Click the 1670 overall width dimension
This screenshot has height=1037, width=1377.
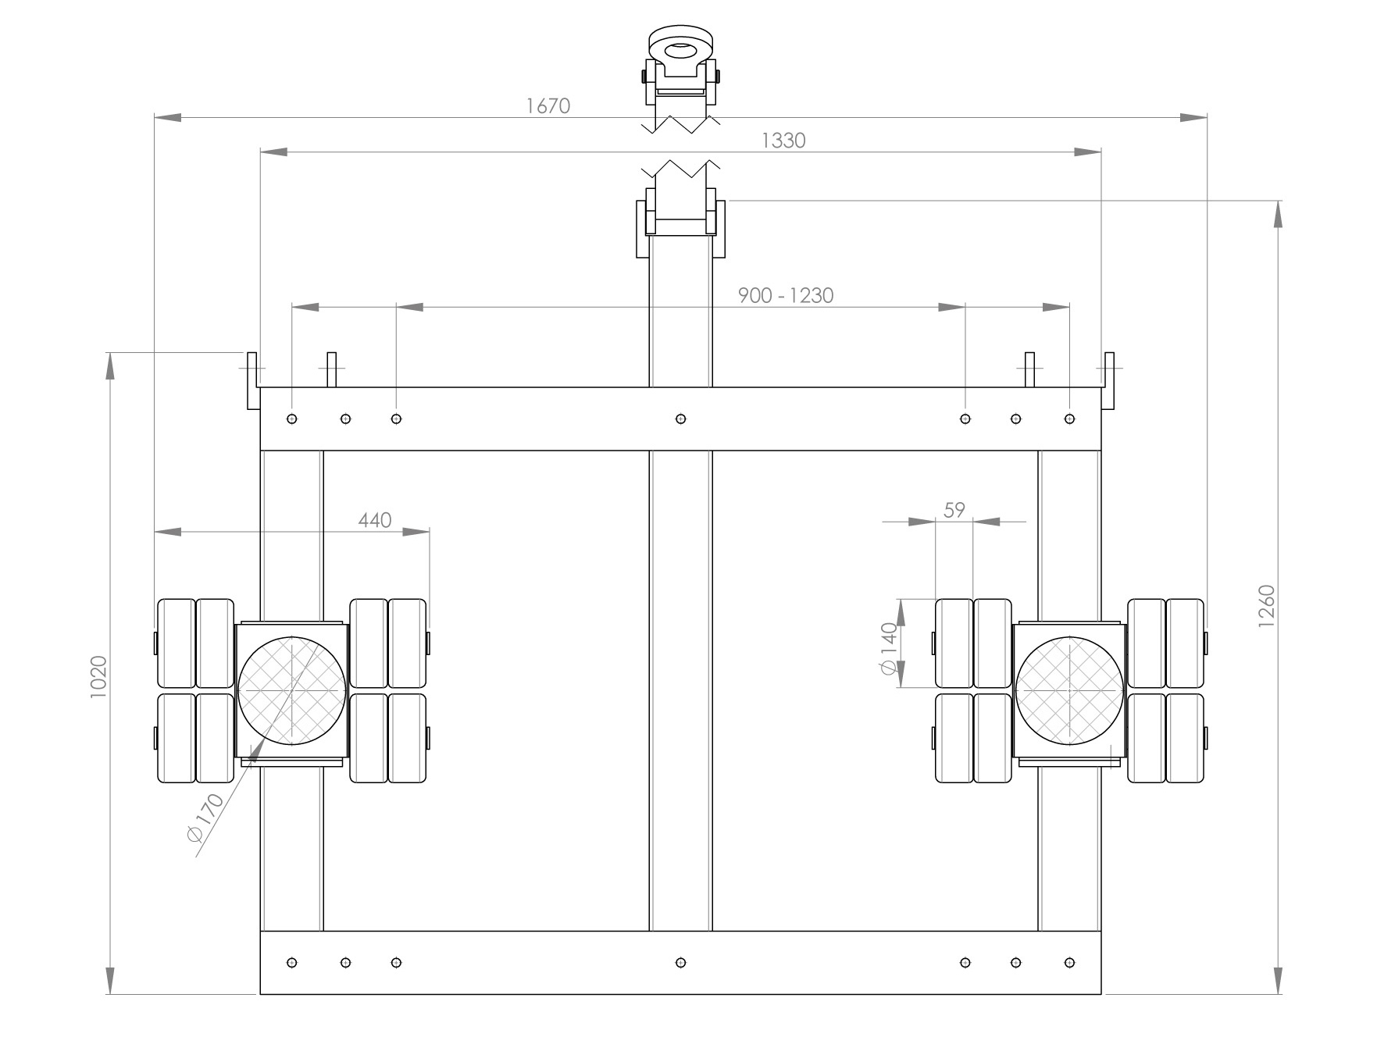(548, 105)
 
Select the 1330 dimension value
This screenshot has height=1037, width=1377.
(783, 141)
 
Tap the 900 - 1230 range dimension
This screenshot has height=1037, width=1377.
(786, 295)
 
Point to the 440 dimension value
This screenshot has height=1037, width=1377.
(375, 520)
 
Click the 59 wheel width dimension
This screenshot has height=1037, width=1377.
(954, 510)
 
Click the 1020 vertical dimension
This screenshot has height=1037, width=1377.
(98, 677)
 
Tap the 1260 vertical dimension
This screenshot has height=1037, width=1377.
(1267, 606)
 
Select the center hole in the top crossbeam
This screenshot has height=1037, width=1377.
(681, 419)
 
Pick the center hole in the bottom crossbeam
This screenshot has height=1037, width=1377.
(681, 963)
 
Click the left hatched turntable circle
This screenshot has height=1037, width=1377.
(291, 690)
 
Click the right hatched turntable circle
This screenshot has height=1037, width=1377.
(1069, 690)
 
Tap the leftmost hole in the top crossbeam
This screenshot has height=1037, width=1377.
(292, 419)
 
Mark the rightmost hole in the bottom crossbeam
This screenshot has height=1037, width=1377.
(1069, 963)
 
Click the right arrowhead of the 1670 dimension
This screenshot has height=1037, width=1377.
(1193, 118)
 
